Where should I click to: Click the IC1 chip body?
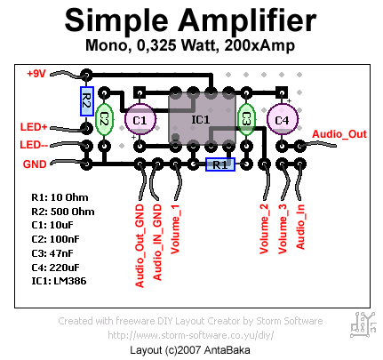202,119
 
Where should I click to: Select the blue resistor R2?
87,101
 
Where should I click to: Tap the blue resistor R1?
220,164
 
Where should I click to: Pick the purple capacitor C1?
140,119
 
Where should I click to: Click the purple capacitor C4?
282,119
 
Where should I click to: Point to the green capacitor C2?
104,119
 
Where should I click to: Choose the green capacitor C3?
246,119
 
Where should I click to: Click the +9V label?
36,74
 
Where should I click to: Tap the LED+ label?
34,127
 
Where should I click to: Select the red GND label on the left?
35,164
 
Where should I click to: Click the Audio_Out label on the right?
339,134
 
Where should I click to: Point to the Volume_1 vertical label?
175,228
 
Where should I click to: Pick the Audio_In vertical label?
300,227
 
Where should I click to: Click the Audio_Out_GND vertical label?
140,245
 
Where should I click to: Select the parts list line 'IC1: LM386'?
59,281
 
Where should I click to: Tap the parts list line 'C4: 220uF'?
55,268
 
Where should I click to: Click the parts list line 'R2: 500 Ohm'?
63,212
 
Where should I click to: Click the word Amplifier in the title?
247,20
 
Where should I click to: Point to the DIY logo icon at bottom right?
363,324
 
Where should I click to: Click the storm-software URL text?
191,335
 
